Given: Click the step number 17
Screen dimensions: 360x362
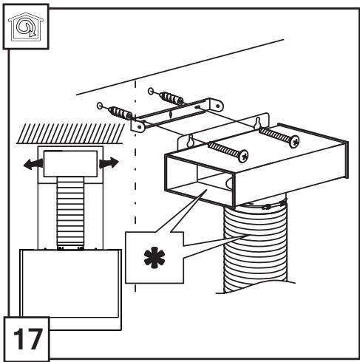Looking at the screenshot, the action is pos(27,339).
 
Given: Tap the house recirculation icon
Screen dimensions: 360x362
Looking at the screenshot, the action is pos(26,27).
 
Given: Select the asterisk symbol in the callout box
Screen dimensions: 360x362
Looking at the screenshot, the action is pos(154,257).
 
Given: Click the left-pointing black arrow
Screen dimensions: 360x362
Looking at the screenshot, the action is pos(33,164).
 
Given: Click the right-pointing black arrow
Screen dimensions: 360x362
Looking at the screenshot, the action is pos(109,163).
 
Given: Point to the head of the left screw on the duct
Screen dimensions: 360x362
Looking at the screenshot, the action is pos(242,156).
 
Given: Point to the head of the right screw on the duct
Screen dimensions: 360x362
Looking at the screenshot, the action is pos(294,141).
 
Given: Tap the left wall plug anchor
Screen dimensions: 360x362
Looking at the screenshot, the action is pos(120,113).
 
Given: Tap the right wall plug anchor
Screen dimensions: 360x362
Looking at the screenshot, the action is pos(171,98).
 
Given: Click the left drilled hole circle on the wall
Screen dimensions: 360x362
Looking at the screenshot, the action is pos(100,106).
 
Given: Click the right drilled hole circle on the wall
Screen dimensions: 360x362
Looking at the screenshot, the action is pos(151,91).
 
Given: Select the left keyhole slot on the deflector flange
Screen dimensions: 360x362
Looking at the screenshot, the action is pos(190,141).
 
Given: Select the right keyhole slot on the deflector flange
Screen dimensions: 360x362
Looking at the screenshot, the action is pos(257,123).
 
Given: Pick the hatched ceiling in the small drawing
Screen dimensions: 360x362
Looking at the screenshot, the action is pos(71,133).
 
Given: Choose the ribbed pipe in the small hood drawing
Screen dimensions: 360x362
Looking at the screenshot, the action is pos(70,213).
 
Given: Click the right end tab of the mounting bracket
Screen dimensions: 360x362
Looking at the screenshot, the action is pos(216,105).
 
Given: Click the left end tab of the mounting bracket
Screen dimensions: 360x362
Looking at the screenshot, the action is pos(137,126).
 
